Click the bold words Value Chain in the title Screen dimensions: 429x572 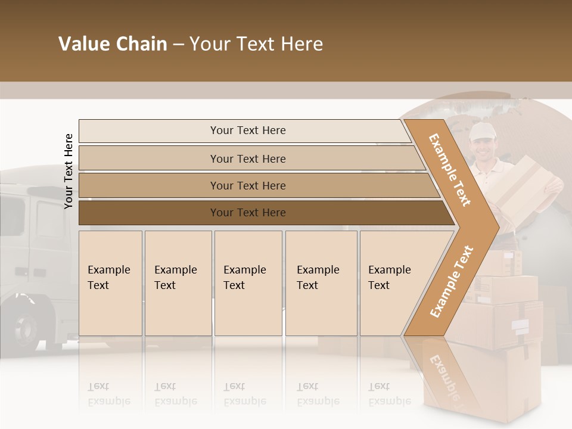click(x=113, y=44)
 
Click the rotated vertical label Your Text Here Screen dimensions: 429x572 click(x=69, y=171)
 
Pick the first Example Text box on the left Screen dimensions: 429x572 click(x=110, y=283)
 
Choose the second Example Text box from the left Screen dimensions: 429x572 click(x=178, y=283)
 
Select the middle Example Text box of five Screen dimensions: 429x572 click(x=248, y=283)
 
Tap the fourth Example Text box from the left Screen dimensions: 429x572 click(x=321, y=283)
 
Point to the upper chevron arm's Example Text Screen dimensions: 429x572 click(x=450, y=170)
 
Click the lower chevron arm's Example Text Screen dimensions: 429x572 click(x=452, y=281)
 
